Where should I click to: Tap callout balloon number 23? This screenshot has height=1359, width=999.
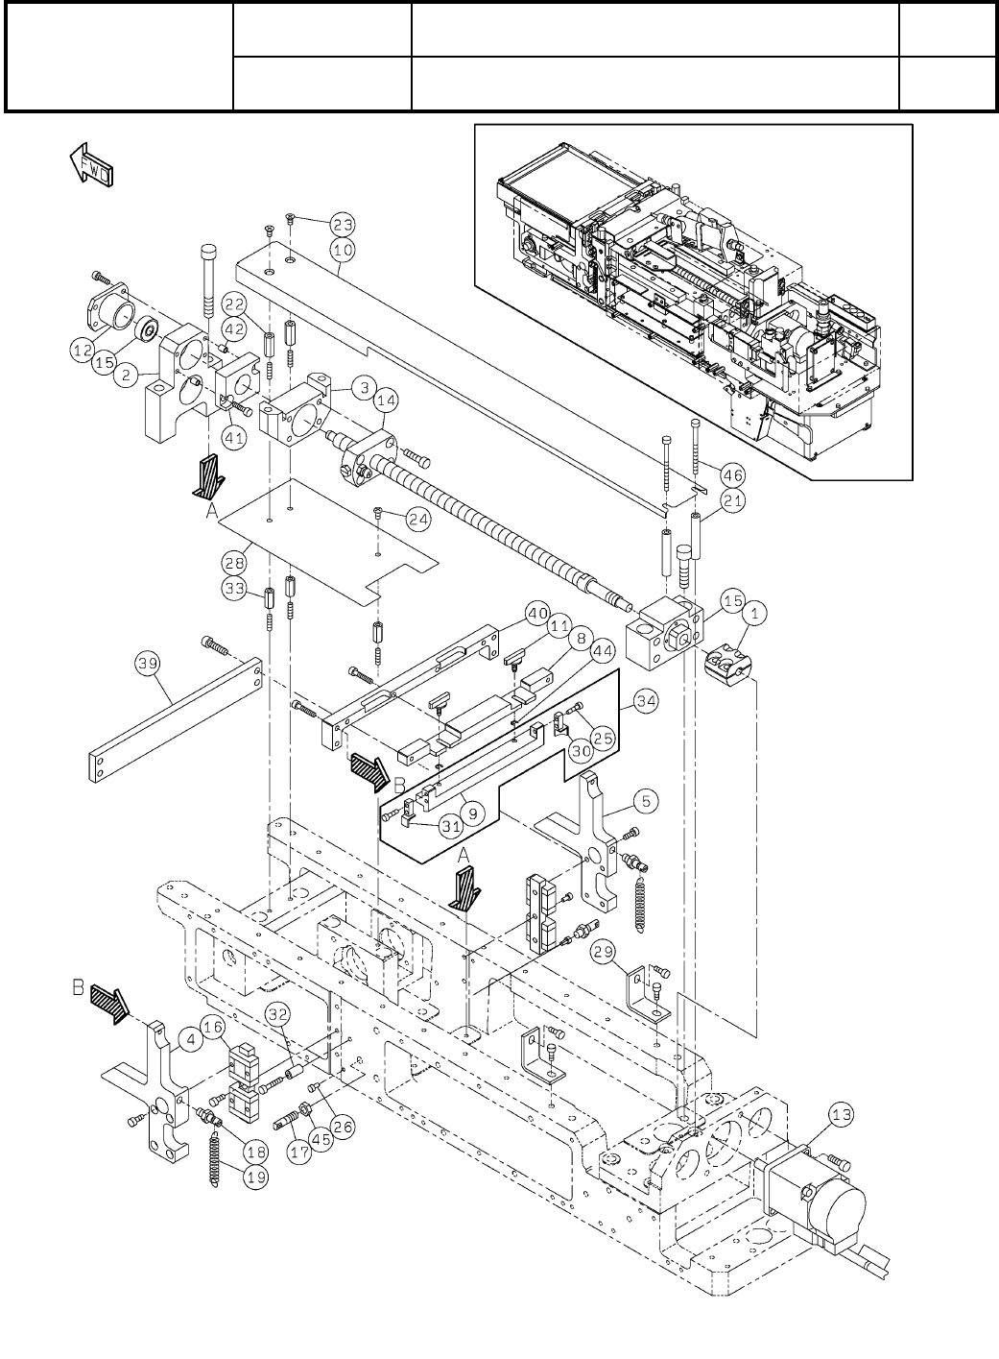click(x=343, y=225)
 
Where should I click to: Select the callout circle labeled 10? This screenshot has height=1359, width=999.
click(x=343, y=250)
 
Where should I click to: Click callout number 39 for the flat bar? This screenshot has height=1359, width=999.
click(x=148, y=663)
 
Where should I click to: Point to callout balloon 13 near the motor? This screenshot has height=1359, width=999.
click(x=842, y=1114)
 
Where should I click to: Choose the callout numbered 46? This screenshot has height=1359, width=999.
click(x=733, y=475)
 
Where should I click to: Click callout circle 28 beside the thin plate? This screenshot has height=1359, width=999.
click(x=235, y=563)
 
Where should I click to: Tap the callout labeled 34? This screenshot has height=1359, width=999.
click(x=646, y=701)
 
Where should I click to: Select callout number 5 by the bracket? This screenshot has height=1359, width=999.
click(x=646, y=801)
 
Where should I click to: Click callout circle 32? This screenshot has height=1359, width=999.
click(x=278, y=1014)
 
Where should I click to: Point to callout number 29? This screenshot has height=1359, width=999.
click(x=604, y=951)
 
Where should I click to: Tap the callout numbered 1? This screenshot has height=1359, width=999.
click(x=754, y=614)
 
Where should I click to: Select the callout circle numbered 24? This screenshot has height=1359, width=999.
click(x=418, y=520)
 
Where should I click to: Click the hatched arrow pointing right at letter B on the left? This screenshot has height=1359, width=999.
click(x=109, y=1005)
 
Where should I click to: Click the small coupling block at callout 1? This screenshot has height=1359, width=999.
click(x=727, y=666)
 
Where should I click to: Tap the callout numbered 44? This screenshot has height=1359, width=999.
click(x=603, y=651)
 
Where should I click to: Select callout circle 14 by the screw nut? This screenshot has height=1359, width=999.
click(x=386, y=400)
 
